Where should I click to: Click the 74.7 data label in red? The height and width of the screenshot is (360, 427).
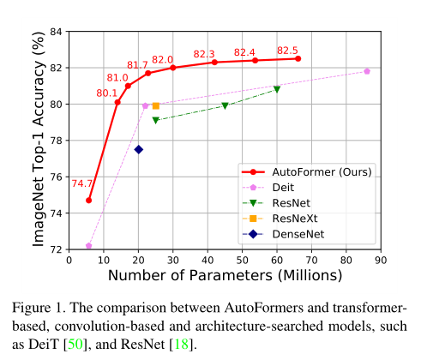coord(82,183)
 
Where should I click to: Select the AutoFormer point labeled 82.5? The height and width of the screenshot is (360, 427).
coord(298,58)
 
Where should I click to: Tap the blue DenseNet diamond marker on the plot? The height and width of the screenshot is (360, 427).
coord(138,149)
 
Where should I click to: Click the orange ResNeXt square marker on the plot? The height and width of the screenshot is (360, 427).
coord(155,105)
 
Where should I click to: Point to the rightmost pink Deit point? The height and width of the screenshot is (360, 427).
coord(367,71)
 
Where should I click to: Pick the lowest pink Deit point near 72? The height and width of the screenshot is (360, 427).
coord(89,245)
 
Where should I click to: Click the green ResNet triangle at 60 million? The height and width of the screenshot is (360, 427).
coord(276,89)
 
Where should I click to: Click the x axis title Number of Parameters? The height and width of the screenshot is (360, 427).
coord(225,276)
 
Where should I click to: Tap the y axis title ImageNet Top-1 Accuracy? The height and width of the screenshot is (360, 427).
coord(39,140)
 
